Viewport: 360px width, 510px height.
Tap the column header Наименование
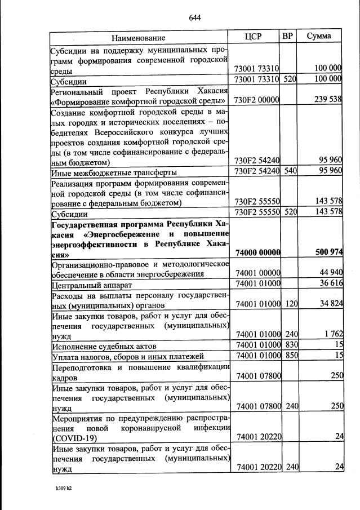pos(138,38)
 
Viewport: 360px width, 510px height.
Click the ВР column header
pos(288,37)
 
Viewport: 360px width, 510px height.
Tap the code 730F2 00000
pos(257,100)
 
